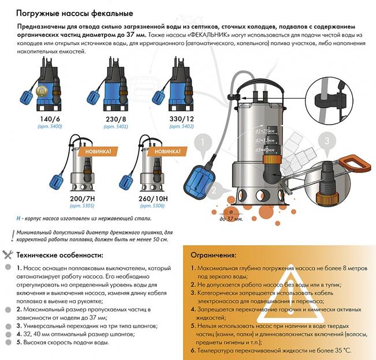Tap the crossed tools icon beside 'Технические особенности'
(8, 254)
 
